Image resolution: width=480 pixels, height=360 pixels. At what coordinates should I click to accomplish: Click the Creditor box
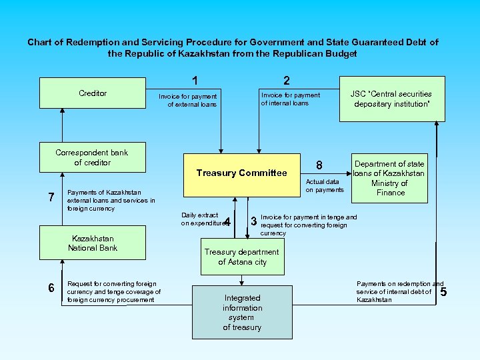click(93, 93)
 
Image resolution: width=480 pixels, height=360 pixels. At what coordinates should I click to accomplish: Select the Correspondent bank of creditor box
click(93, 158)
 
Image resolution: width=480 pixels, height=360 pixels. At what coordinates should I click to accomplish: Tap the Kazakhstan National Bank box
click(93, 243)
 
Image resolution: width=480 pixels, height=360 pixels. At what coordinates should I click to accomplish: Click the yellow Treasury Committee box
click(241, 173)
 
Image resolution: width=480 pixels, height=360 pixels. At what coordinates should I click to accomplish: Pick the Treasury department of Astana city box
click(242, 257)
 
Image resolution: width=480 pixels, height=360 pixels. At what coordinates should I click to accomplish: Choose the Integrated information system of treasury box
click(242, 313)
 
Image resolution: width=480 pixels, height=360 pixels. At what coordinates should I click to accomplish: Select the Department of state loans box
click(390, 178)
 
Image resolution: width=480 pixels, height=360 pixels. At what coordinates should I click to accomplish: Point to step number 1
click(194, 81)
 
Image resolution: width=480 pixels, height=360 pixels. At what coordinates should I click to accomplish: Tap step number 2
click(286, 81)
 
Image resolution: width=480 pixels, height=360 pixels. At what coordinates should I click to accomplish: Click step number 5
click(444, 291)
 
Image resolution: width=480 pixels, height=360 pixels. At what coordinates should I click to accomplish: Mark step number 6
click(51, 287)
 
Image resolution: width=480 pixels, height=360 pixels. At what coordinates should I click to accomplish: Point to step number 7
click(51, 197)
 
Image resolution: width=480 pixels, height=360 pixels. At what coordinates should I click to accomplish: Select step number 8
click(319, 165)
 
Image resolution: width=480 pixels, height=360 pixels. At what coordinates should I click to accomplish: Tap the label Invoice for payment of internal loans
click(290, 99)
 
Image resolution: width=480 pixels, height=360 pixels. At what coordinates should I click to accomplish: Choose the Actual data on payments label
click(324, 185)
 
